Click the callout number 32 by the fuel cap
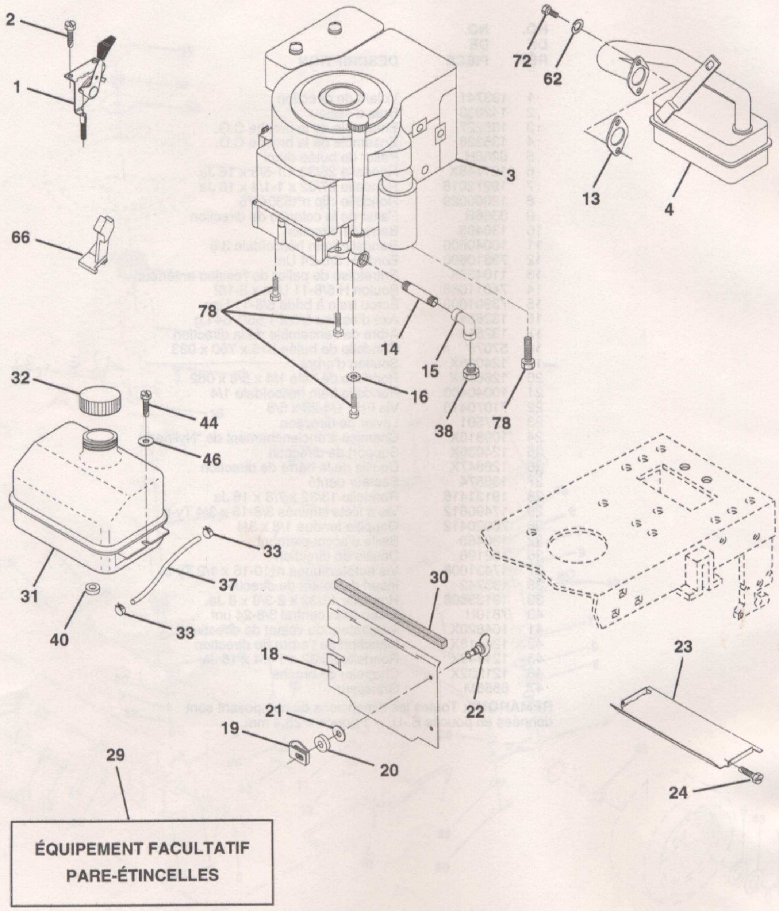click(21, 378)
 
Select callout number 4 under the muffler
click(669, 209)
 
